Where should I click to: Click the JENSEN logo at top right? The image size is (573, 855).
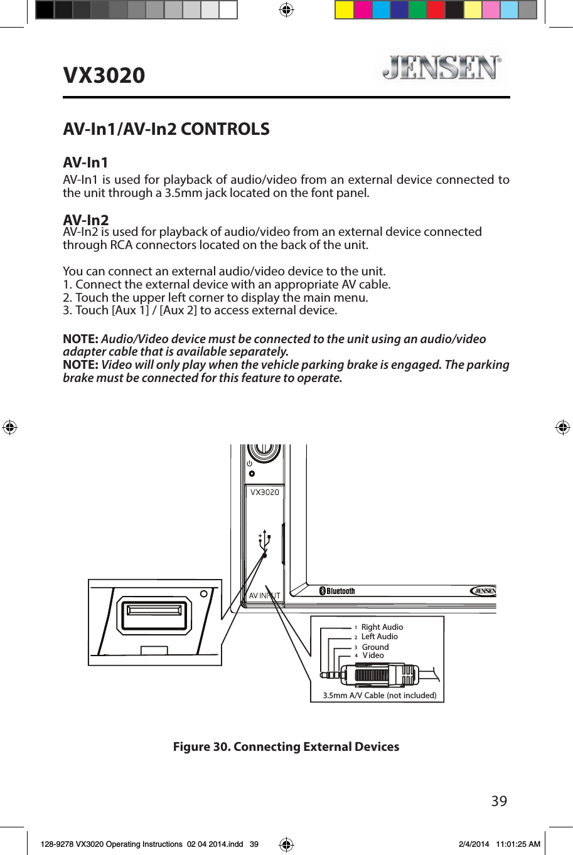(x=442, y=67)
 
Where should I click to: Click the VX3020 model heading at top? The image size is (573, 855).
(x=104, y=75)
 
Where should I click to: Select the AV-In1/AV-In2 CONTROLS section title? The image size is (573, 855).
(x=166, y=129)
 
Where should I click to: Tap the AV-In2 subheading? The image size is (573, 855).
(x=86, y=220)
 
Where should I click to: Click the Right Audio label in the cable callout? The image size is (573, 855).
(x=382, y=627)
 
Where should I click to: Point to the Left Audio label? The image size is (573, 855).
(x=379, y=637)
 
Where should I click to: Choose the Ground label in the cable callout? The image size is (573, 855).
(x=375, y=647)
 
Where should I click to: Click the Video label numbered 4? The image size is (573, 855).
(x=373, y=656)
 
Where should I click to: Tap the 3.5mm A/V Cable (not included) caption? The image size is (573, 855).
(x=379, y=696)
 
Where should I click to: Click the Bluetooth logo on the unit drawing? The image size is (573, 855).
(x=337, y=591)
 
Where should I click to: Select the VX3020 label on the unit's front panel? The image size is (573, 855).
(x=264, y=492)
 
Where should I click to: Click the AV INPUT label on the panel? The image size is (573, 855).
(x=264, y=596)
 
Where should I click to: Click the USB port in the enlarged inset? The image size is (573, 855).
(x=155, y=615)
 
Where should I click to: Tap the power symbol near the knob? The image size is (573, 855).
(x=249, y=464)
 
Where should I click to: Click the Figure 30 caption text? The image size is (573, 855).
(x=286, y=747)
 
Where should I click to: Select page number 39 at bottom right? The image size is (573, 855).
(x=499, y=801)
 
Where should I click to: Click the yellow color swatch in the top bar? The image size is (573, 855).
(x=344, y=10)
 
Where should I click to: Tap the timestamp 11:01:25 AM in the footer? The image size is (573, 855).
(x=518, y=844)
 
